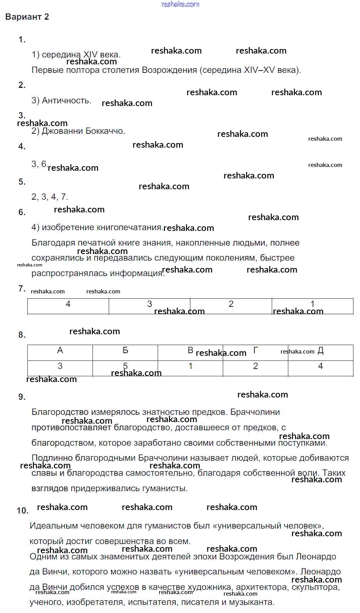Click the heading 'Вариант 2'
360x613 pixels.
click(x=27, y=17)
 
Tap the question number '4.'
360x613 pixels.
click(x=22, y=147)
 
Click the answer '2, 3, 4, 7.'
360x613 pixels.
click(x=50, y=197)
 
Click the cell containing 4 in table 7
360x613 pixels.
click(x=68, y=306)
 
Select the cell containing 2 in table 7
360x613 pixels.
click(x=231, y=306)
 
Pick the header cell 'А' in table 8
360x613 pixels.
click(x=60, y=352)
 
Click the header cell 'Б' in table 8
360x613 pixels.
click(x=125, y=352)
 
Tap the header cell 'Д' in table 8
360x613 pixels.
click(x=321, y=352)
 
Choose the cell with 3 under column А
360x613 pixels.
click(x=60, y=368)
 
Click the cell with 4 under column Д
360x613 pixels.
click(x=321, y=368)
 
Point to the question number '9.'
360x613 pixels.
click(x=22, y=397)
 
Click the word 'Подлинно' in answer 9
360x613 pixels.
click(x=52, y=458)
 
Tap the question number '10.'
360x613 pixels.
click(x=23, y=511)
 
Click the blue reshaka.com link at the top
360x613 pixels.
click(x=180, y=4)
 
